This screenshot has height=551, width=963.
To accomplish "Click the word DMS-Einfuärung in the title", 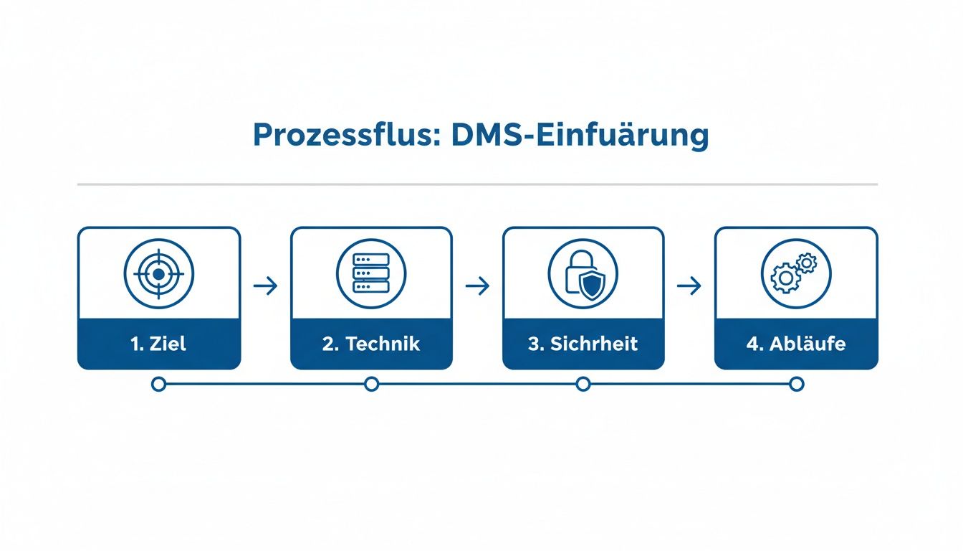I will [580, 136].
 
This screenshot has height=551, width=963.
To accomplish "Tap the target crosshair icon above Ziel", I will [159, 273].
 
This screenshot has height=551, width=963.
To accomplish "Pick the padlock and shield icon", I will [583, 273].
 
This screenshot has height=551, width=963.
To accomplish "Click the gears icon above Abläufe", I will [795, 273].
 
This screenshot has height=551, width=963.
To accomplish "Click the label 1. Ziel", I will [159, 344].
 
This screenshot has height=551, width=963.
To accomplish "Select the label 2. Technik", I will [371, 344].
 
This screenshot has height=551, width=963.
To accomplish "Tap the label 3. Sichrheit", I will [583, 344].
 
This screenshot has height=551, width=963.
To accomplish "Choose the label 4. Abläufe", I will [795, 344].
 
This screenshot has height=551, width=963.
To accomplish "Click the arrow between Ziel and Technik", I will [265, 286].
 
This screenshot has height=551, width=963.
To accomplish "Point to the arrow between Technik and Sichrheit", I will [477, 286].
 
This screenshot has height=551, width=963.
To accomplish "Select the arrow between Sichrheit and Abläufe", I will [689, 286].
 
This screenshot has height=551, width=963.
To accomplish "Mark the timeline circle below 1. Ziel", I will [159, 385].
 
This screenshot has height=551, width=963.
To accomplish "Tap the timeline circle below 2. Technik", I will [371, 385].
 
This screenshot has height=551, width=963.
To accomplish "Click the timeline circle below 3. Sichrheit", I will [583, 385].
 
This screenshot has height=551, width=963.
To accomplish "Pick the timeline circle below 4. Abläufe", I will [795, 385].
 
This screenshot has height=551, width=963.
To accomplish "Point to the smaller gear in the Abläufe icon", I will [807, 263].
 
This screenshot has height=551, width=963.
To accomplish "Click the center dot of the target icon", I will [159, 273].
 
